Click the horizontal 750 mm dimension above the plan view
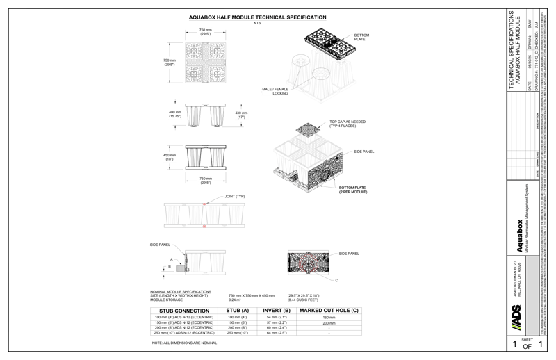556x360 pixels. click(204, 32)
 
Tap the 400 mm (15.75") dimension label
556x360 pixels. click(174, 114)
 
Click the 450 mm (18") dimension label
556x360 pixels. click(170, 156)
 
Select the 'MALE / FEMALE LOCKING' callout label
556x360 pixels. click(275, 91)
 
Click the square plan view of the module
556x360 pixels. click(204, 62)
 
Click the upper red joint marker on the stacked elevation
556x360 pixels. click(204, 204)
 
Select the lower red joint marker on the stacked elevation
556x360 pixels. click(204, 227)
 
